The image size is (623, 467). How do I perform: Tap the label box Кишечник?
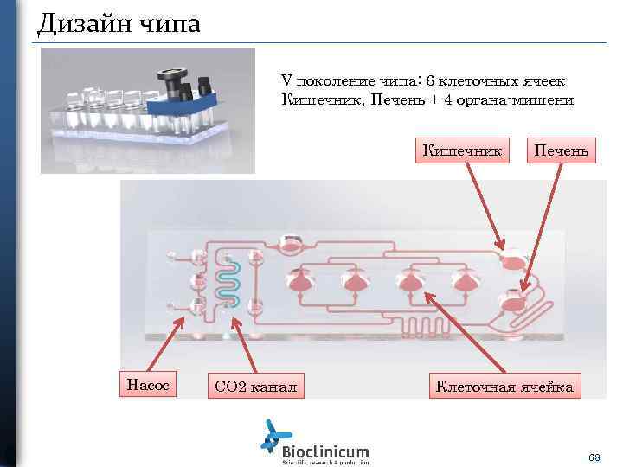coord(462,150)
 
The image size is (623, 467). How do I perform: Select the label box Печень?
coord(562,150)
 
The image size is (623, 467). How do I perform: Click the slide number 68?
coord(594,456)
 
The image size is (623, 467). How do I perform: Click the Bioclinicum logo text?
coord(325,451)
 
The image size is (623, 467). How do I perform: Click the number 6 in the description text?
coord(428,80)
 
